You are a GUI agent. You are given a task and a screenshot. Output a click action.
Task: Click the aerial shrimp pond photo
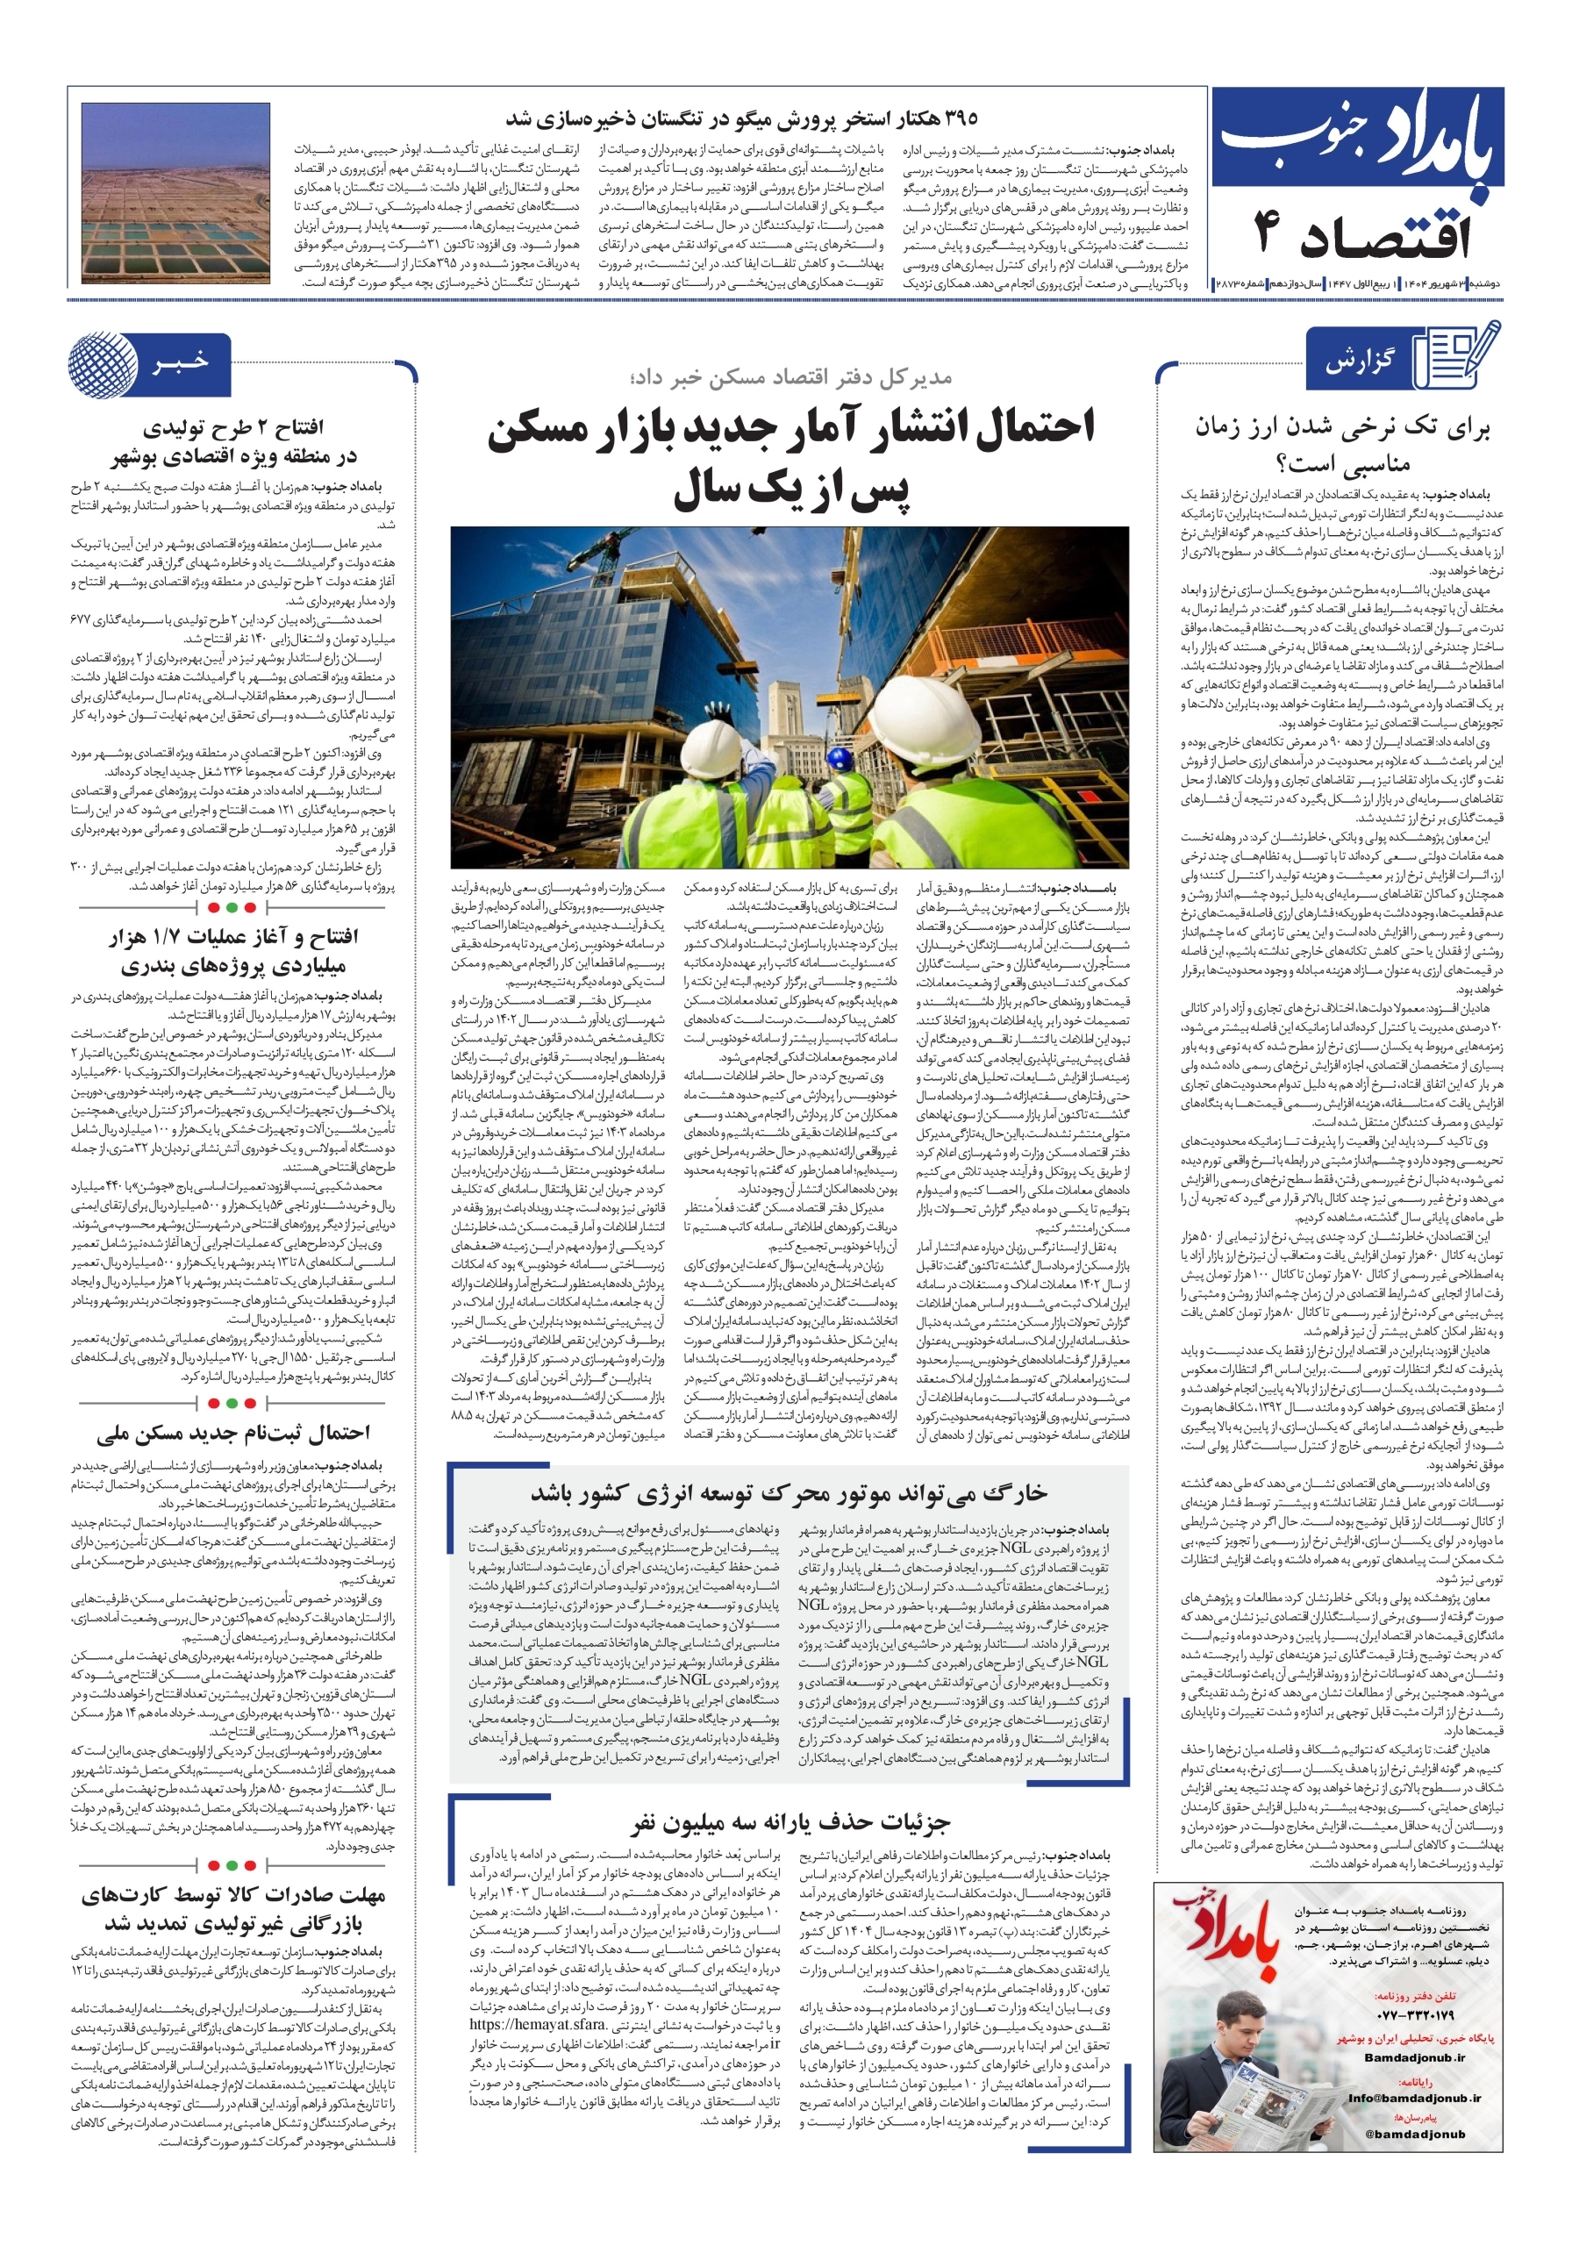[x=176, y=193]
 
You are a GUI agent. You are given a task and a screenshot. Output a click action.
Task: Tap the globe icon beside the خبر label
[x=102, y=364]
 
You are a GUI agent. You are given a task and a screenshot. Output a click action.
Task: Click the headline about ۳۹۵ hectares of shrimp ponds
[x=740, y=120]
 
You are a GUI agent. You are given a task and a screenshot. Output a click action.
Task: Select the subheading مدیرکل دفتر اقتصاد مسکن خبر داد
[x=790, y=377]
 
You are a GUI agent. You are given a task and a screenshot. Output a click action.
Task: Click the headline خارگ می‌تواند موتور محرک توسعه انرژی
[x=789, y=1494]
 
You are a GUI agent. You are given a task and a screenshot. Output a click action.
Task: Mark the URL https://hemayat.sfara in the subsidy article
[x=537, y=1996]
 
